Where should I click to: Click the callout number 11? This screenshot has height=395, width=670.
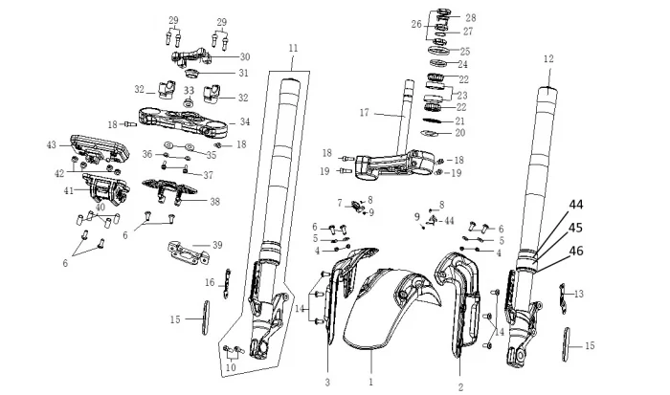[293, 48]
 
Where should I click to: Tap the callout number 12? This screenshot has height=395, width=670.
[548, 58]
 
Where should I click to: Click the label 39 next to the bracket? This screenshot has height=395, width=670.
[217, 246]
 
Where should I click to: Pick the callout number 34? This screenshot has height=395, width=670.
[245, 121]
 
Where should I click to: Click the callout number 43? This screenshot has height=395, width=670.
[52, 144]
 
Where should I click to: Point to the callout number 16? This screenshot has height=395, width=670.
[210, 283]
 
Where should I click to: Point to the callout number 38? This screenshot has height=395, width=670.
[214, 202]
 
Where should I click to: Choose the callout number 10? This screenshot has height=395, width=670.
[230, 367]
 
